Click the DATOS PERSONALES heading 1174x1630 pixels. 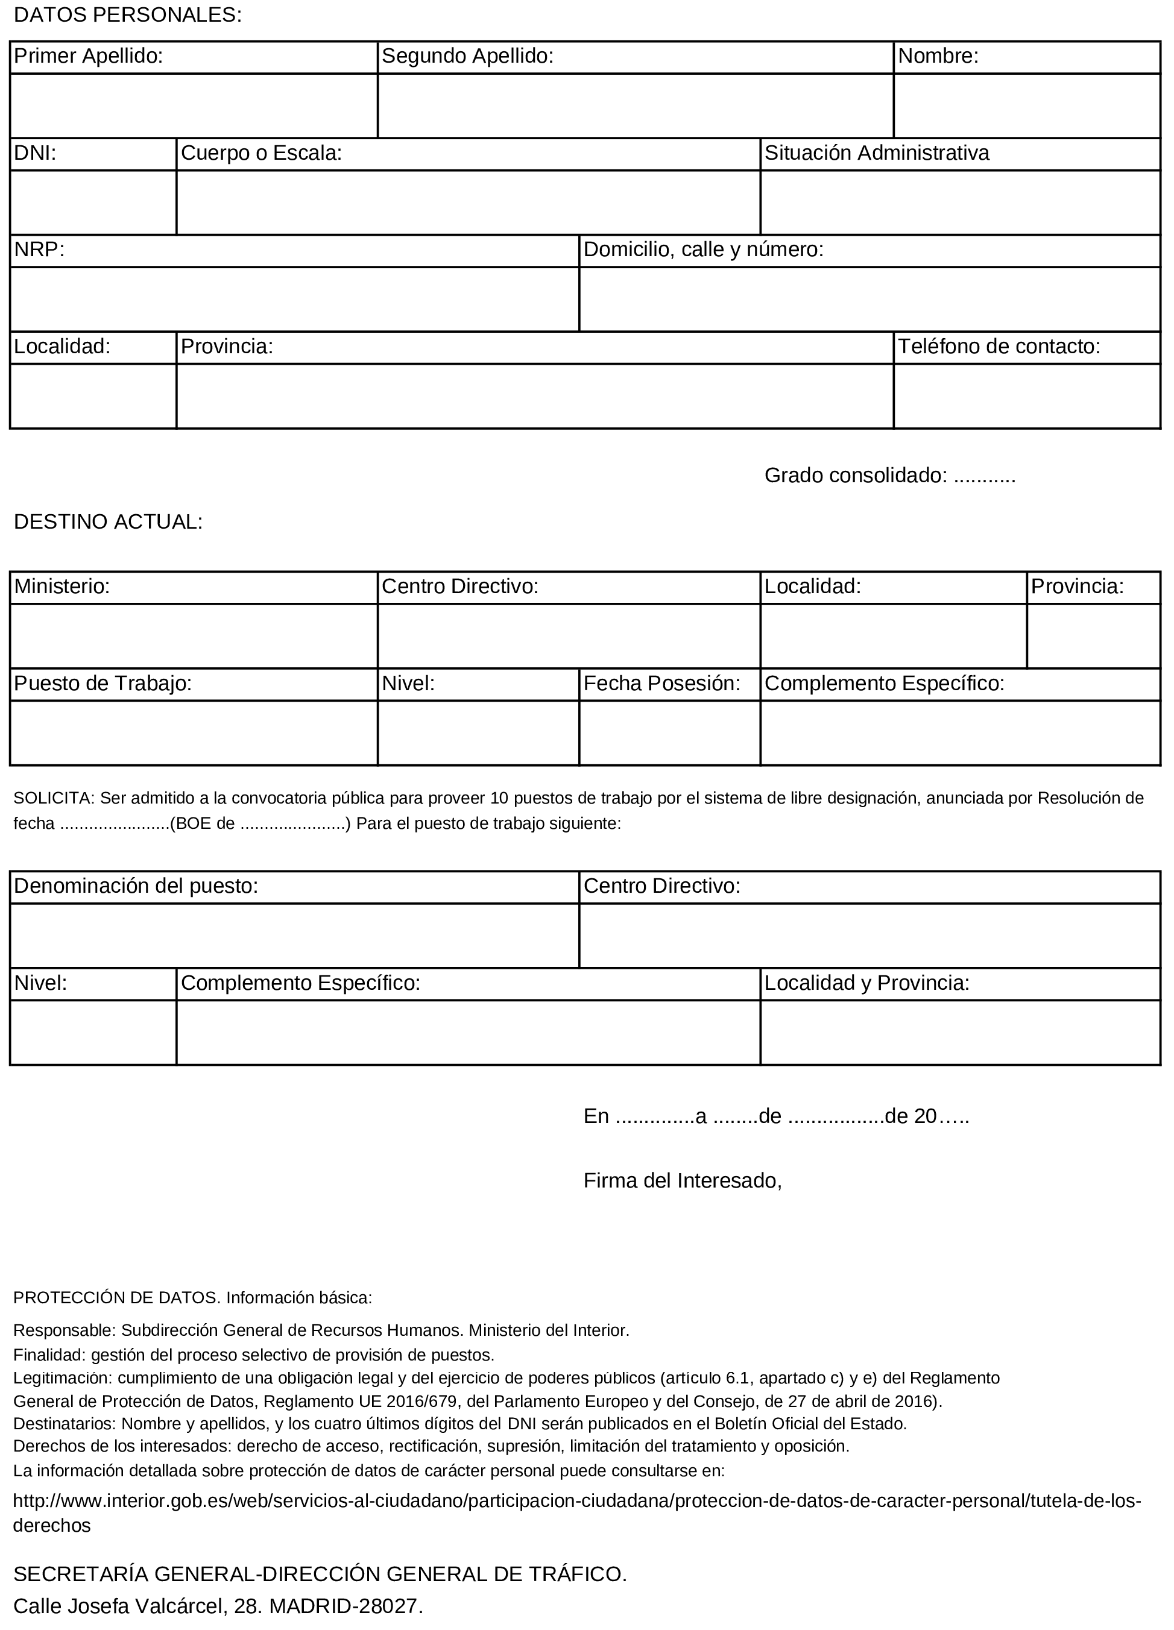click(x=128, y=15)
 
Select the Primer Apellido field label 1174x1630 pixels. click(x=89, y=56)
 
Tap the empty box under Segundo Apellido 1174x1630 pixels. click(x=635, y=105)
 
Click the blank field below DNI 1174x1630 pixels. click(x=93, y=202)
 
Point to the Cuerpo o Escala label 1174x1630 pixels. click(x=261, y=153)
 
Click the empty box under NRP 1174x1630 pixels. click(x=294, y=299)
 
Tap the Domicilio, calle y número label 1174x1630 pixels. click(x=703, y=250)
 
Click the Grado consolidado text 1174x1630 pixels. click(x=889, y=475)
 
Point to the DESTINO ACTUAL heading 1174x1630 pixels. click(x=109, y=522)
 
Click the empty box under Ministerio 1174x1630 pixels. click(x=194, y=636)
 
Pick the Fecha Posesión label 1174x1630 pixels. click(x=661, y=684)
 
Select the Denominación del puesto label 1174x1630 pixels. click(x=136, y=886)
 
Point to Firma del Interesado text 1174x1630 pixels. click(x=682, y=1181)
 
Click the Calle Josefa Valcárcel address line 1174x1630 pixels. click(x=218, y=1606)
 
